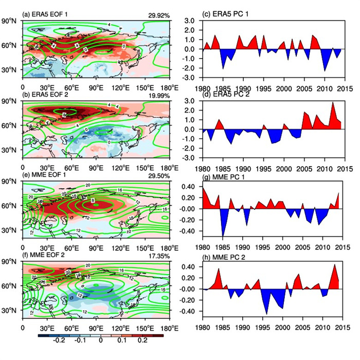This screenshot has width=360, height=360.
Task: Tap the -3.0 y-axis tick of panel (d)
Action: pyautogui.click(x=188, y=158)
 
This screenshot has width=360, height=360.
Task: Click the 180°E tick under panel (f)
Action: pyautogui.click(x=168, y=328)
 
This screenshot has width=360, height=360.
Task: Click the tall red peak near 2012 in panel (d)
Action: pyautogui.click(x=332, y=103)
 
